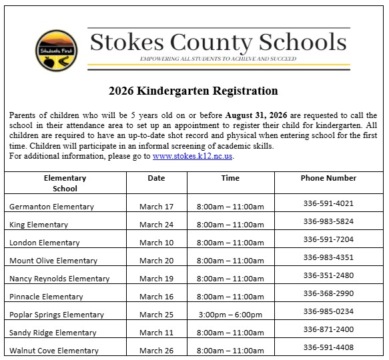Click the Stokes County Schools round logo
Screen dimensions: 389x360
tap(56, 50)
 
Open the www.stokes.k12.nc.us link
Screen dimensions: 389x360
tap(192, 156)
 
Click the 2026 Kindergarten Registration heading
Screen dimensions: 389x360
tap(193, 91)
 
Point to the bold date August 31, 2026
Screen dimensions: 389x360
tap(256, 115)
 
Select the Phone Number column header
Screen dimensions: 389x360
tap(328, 178)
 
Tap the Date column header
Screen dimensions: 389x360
tap(156, 178)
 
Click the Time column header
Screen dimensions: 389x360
tap(230, 178)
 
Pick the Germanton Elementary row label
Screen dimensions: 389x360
tap(51, 207)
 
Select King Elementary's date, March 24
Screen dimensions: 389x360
tap(156, 225)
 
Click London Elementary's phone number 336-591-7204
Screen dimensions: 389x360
tap(328, 239)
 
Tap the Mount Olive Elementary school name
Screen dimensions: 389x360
tap(53, 261)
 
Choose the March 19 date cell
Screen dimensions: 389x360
tap(156, 279)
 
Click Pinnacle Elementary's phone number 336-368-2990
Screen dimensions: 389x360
tap(328, 293)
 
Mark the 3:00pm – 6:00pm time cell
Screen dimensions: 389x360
tap(230, 315)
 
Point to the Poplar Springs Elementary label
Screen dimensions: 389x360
tap(57, 315)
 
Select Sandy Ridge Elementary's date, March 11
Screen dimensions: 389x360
tap(156, 333)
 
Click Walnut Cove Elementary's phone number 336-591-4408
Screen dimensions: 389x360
tap(328, 347)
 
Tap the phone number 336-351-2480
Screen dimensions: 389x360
tap(328, 275)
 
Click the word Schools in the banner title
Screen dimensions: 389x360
tap(298, 43)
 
